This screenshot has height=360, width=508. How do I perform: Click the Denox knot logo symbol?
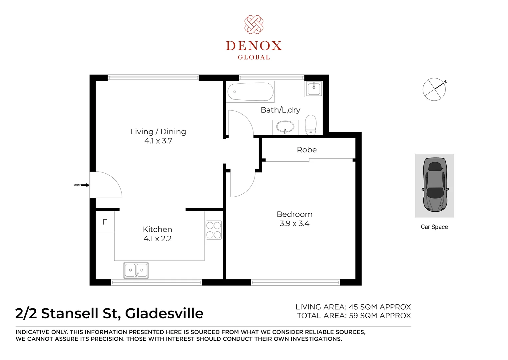tap(254, 24)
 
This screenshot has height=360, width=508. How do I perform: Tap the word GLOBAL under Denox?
tap(254, 57)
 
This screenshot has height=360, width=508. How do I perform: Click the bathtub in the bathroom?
tap(251, 92)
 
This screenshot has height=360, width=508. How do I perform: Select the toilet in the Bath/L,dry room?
tap(311, 125)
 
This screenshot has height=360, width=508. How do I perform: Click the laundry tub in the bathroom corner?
tap(313, 89)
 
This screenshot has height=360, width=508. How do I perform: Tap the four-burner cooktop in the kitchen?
tap(214, 230)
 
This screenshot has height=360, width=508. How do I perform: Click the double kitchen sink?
tap(136, 270)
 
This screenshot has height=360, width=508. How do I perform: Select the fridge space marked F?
tap(105, 222)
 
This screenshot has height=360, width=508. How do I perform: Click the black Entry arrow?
tap(85, 185)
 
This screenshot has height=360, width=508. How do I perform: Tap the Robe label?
tap(307, 150)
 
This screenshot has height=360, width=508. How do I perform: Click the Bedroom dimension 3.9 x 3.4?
tap(294, 224)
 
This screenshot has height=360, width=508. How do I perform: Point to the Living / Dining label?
tap(158, 132)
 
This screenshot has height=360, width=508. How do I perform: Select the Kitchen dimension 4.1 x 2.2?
tap(158, 239)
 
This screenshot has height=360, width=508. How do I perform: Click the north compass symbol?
tap(434, 89)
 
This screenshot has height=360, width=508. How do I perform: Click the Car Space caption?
tap(434, 227)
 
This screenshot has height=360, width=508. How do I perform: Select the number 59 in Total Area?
tap(353, 316)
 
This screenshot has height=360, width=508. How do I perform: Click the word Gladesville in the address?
tap(164, 314)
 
